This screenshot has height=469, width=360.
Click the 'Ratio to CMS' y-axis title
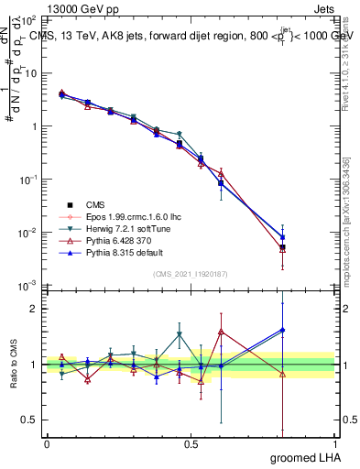point(14,365)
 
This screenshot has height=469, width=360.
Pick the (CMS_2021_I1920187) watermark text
point(191,273)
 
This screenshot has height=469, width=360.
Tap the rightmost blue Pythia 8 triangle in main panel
point(282,237)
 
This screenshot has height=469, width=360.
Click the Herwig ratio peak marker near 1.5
point(180,334)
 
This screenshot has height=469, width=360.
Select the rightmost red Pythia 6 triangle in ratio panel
point(282,374)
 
